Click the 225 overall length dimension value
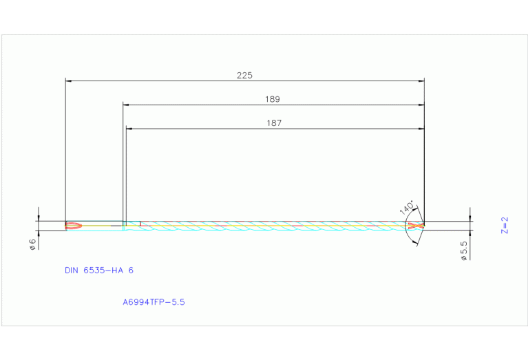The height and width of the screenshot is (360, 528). [x=244, y=76]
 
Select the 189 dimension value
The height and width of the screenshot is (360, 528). [x=273, y=99]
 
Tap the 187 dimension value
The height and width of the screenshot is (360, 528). [x=274, y=123]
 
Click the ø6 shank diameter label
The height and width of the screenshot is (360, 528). [x=32, y=244]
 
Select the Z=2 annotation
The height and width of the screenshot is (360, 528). [x=504, y=225]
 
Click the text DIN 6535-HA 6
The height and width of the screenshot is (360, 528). [x=98, y=271]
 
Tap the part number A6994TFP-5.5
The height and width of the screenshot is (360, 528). [x=154, y=301]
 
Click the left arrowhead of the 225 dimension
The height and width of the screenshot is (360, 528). [x=68, y=81]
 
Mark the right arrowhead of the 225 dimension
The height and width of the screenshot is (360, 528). [x=421, y=81]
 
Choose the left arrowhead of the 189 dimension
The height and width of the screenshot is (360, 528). [x=126, y=105]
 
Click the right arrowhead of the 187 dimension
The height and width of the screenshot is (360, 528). [x=421, y=129]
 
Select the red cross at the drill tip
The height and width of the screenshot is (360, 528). [x=414, y=226]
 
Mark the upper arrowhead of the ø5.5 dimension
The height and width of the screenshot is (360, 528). [x=470, y=218]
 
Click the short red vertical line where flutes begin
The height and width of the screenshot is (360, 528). [x=140, y=224]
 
